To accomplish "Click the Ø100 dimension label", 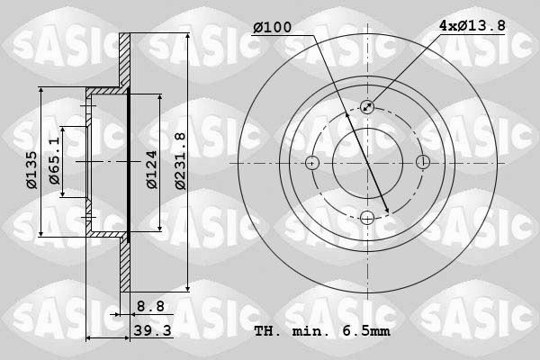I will point(272,28).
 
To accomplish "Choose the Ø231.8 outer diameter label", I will point(179,161).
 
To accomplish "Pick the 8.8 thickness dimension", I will point(151,306).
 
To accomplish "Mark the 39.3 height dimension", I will point(151,331).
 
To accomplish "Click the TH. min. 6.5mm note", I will point(320,331).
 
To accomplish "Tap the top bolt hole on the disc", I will point(367,107).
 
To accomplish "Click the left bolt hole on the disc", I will point(312,163).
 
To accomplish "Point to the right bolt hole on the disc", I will point(422,163).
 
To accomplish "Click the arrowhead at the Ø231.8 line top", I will point(187,39).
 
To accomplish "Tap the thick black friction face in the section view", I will point(129,163).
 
